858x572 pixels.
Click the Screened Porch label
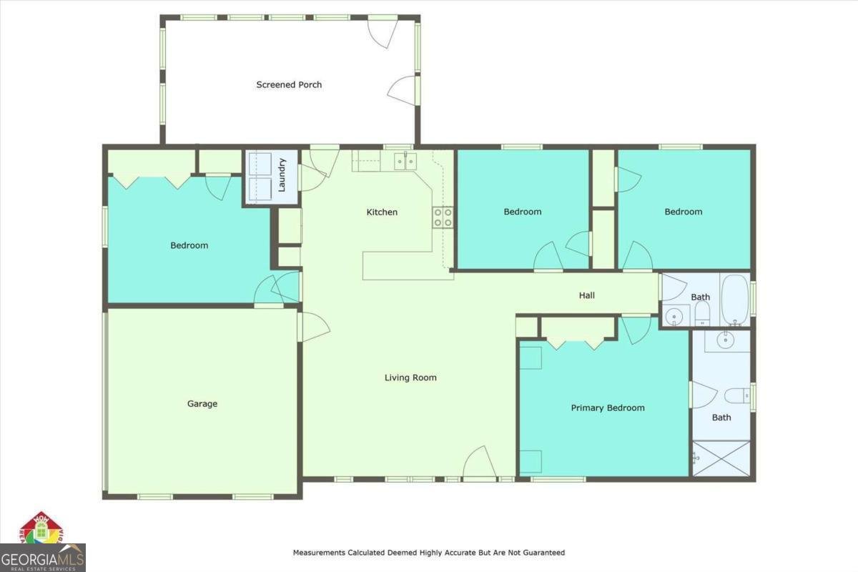click(x=289, y=84)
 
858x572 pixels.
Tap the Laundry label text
click(x=282, y=174)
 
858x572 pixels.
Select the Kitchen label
click(x=382, y=212)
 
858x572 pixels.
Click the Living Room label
click(x=410, y=378)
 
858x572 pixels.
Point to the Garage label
click(x=202, y=404)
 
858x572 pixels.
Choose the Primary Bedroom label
click(x=608, y=408)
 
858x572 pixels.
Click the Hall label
click(x=586, y=295)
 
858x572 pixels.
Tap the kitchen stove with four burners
click(x=443, y=217)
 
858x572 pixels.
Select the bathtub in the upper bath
click(x=734, y=298)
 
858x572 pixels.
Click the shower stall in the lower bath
click(x=721, y=458)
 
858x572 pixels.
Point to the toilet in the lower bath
click(x=736, y=395)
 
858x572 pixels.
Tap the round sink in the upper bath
click(x=672, y=315)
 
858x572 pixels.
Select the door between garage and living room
click(x=313, y=327)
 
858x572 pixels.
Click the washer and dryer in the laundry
click(x=259, y=177)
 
